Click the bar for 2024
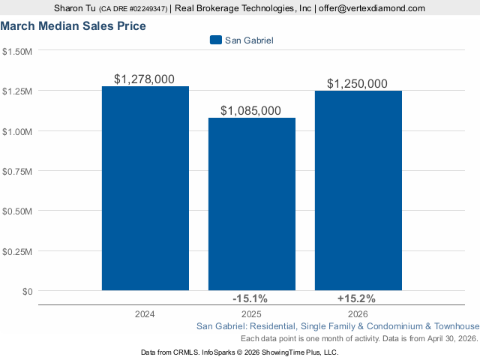click(x=145, y=187)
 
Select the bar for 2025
click(x=251, y=203)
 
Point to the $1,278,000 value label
click(x=145, y=79)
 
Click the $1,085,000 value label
click(x=251, y=110)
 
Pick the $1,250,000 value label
click(x=358, y=83)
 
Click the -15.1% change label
click(x=251, y=298)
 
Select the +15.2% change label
click(x=358, y=298)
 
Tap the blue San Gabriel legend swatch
click(x=216, y=40)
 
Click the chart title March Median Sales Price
click(x=73, y=25)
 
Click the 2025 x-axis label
click(x=251, y=314)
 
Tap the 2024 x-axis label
click(x=145, y=314)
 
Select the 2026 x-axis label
click(x=358, y=314)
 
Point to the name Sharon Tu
click(x=75, y=8)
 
